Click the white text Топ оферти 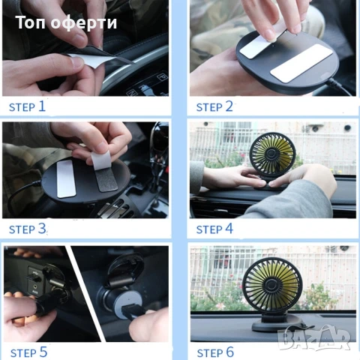(66, 22)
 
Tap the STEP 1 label (27, 106)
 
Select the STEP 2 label (214, 106)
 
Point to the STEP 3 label (28, 229)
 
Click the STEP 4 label (214, 229)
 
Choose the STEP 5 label (28, 352)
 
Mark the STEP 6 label (215, 352)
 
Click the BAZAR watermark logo (314, 337)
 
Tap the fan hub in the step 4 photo (271, 154)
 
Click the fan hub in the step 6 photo (271, 285)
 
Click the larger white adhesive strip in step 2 (301, 63)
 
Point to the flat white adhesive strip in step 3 (66, 178)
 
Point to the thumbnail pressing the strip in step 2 (268, 34)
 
